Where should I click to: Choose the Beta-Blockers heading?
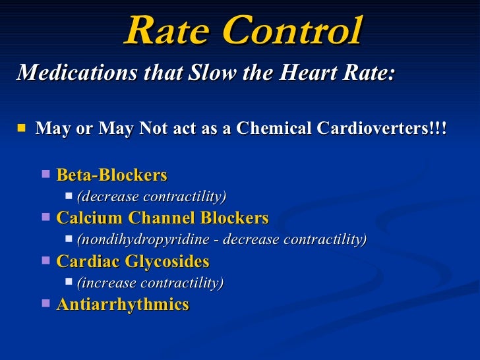coord(111,175)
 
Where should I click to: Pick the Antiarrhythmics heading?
coord(123,305)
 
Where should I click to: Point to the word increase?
coord(105,283)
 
